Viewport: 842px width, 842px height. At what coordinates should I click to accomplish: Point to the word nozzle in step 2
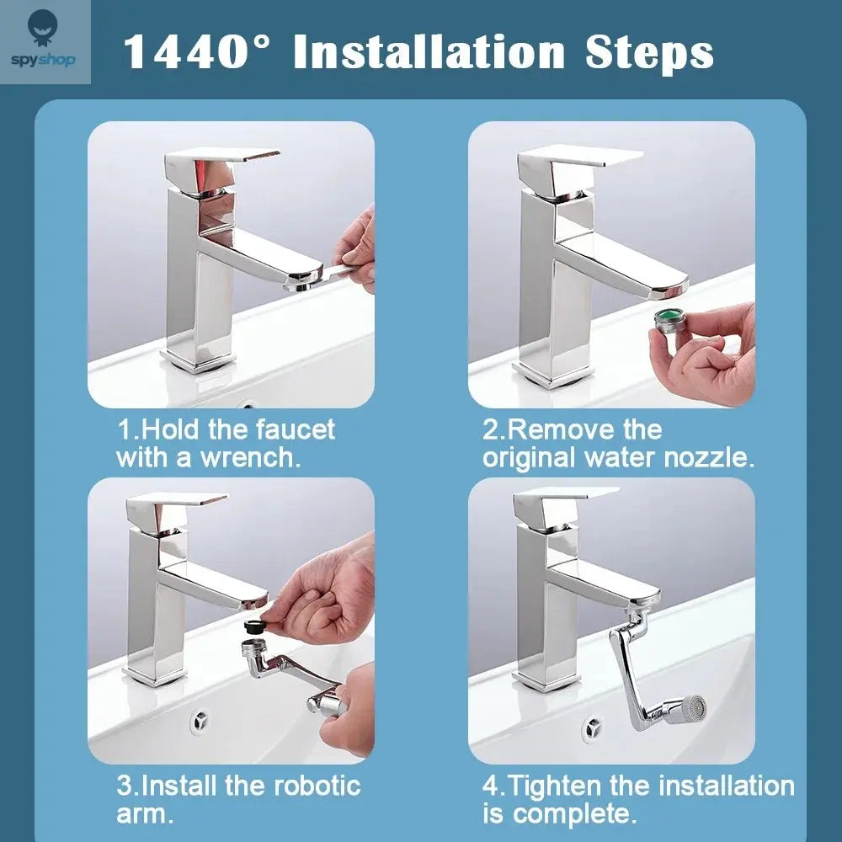[709, 459]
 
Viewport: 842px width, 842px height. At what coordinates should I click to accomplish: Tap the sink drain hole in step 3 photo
[200, 720]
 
